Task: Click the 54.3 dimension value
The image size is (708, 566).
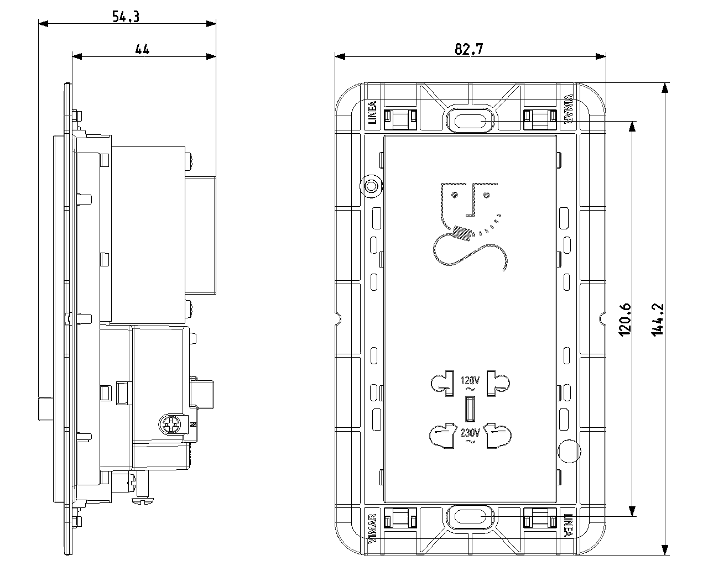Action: pyautogui.click(x=126, y=17)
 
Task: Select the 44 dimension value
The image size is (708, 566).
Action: pyautogui.click(x=142, y=49)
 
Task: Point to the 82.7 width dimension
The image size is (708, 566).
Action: pyautogui.click(x=469, y=49)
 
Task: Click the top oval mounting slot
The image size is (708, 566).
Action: pyautogui.click(x=470, y=119)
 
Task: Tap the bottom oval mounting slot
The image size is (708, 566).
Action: pyautogui.click(x=470, y=516)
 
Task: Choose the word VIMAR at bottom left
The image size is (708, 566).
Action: pyautogui.click(x=372, y=528)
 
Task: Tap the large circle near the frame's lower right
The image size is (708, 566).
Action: pyautogui.click(x=569, y=451)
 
